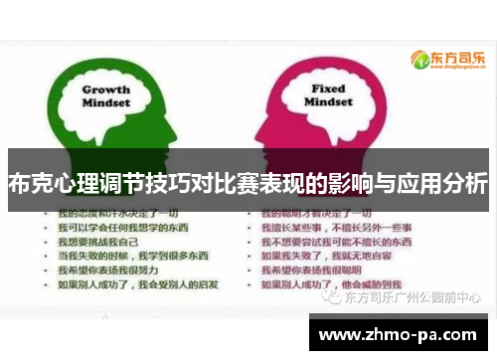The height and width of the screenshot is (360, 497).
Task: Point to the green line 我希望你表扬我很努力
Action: [108, 269]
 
